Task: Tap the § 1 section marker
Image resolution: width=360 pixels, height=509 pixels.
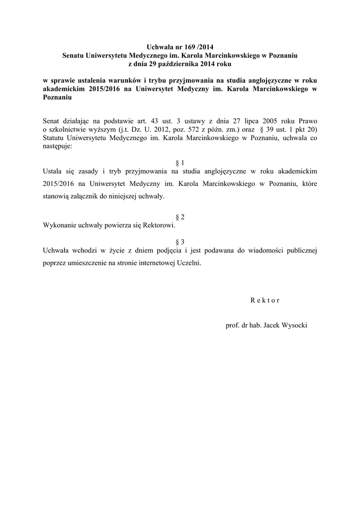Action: tap(180, 163)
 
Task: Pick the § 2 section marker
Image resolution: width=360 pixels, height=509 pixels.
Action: tap(180, 217)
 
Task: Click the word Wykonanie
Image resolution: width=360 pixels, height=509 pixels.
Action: tap(60, 225)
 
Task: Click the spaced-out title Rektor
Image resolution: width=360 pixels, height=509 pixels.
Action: tap(265, 300)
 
